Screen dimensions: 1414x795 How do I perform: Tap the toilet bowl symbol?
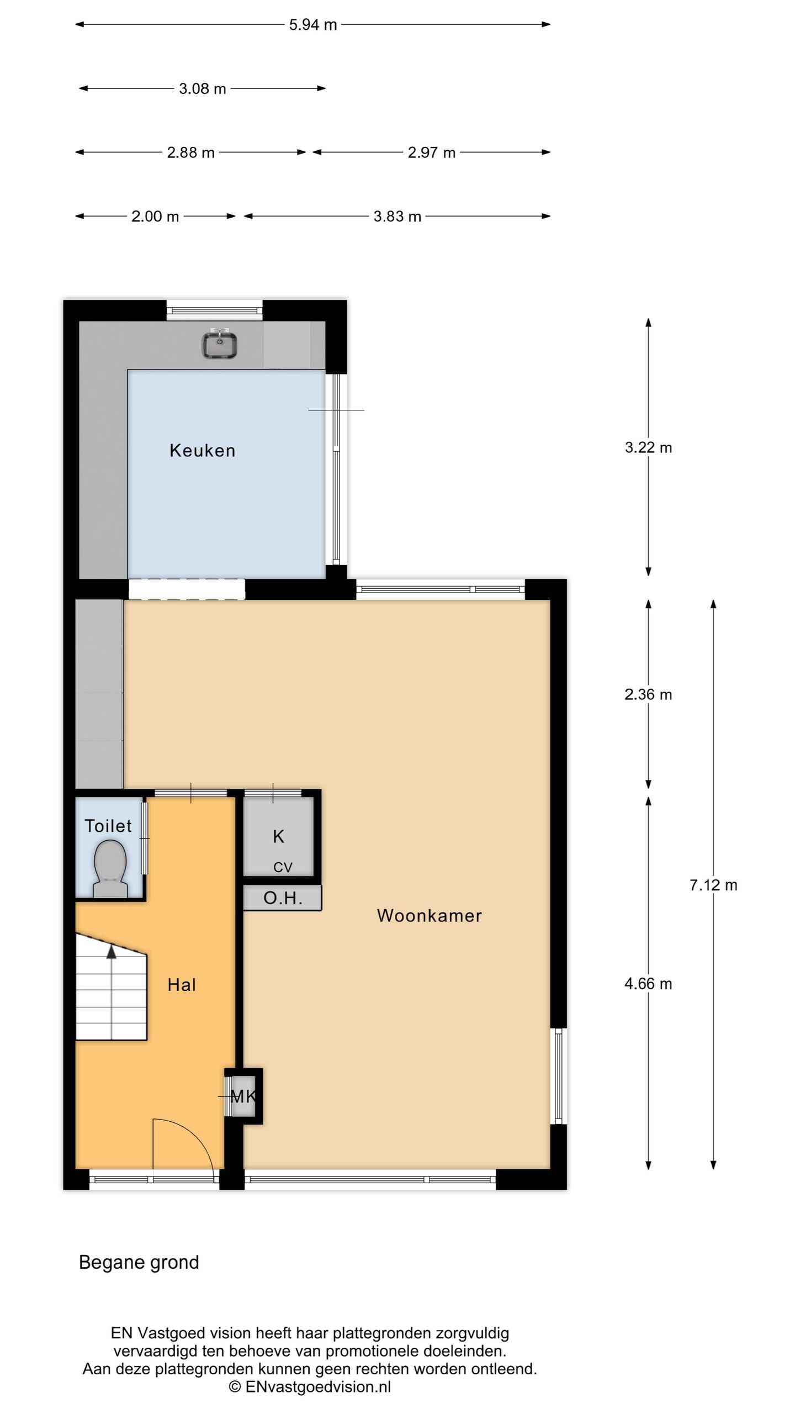point(110,866)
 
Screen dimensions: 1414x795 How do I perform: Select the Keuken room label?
point(202,451)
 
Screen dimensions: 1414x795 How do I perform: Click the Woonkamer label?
point(429,916)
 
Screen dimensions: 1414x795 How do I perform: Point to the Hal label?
point(182,985)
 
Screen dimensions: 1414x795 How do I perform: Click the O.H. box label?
point(283,898)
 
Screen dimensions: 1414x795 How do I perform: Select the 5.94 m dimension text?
point(312,25)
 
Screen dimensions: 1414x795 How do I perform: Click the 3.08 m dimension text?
point(202,89)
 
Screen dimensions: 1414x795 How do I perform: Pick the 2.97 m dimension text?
point(431,153)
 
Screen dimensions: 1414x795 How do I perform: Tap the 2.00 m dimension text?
point(155,217)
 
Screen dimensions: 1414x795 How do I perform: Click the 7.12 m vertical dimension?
point(713,885)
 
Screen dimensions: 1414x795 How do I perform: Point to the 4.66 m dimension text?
point(648,984)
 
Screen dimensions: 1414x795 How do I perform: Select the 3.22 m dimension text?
point(648,447)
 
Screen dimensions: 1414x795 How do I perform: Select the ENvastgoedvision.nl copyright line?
point(310,1386)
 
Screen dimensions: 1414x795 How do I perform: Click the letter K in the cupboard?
point(278,837)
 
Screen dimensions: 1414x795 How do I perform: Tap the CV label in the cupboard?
point(282,868)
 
